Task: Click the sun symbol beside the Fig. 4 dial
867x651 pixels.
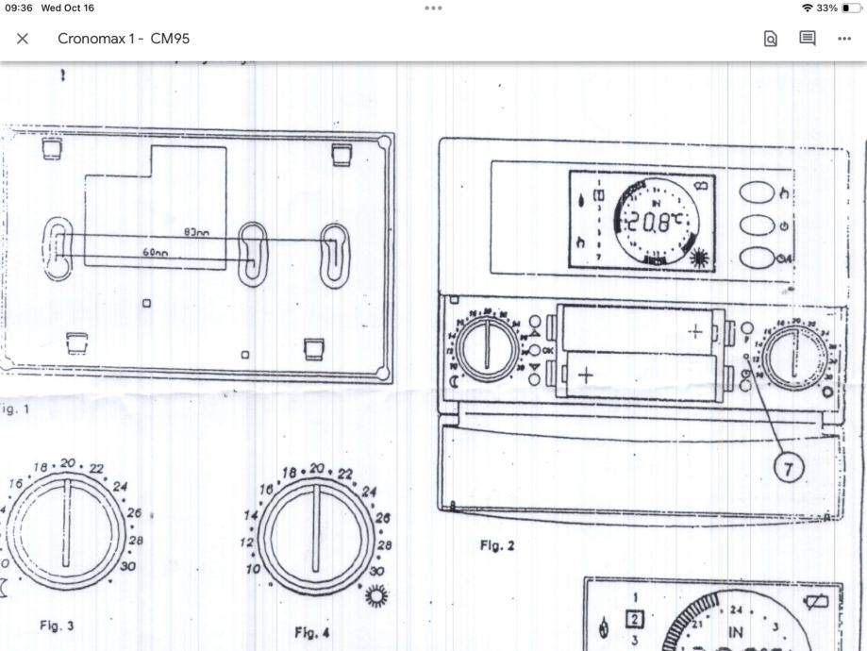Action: point(377,595)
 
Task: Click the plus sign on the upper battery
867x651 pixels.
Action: point(695,331)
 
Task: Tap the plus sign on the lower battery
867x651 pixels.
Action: point(585,375)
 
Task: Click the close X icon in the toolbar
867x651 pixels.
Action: point(23,39)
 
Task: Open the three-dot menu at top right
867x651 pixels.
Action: point(843,39)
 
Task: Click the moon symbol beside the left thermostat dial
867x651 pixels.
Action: point(453,381)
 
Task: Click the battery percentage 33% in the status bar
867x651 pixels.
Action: point(826,8)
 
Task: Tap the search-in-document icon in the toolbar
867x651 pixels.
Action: point(771,39)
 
